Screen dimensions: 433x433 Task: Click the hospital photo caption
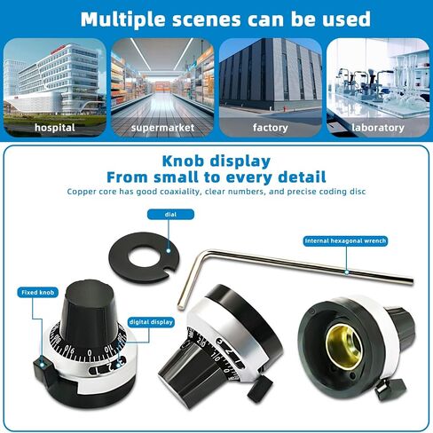tap(55, 128)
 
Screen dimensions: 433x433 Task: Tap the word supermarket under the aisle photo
tap(162, 128)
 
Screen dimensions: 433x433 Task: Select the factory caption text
tap(271, 128)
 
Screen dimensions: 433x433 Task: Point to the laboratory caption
tap(378, 128)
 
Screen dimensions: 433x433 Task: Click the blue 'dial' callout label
tap(170, 215)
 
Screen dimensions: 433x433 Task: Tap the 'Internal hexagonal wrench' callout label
tap(345, 240)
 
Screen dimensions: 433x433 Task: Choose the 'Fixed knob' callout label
tap(37, 293)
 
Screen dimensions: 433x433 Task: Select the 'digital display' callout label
tap(151, 322)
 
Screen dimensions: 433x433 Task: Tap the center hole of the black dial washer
tap(144, 256)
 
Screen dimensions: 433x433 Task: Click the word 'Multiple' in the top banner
tap(123, 20)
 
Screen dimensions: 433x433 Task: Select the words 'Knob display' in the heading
tap(216, 161)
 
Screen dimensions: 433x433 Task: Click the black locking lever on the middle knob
tap(260, 389)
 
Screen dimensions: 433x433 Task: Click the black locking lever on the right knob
tap(390, 389)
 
